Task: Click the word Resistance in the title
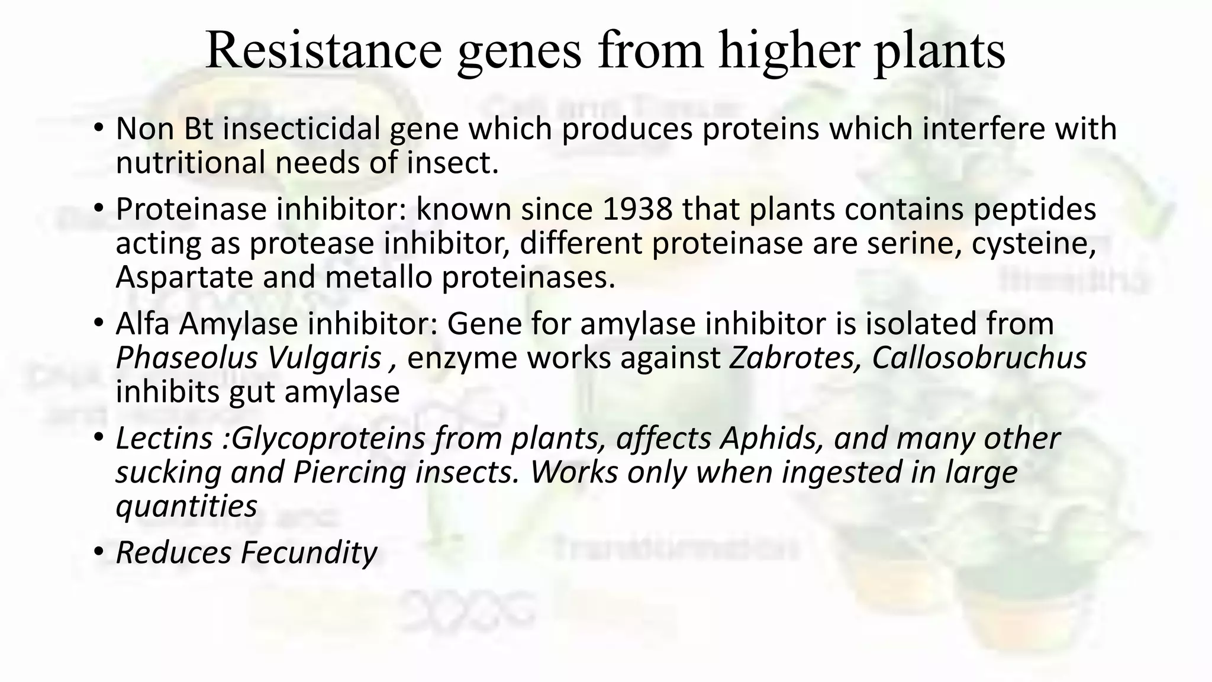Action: (323, 51)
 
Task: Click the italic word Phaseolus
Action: (186, 358)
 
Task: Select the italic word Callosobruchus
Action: (979, 358)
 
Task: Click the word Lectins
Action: (164, 439)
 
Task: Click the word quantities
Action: (186, 506)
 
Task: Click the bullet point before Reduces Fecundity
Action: (98, 553)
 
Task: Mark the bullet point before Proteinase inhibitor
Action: (98, 209)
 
